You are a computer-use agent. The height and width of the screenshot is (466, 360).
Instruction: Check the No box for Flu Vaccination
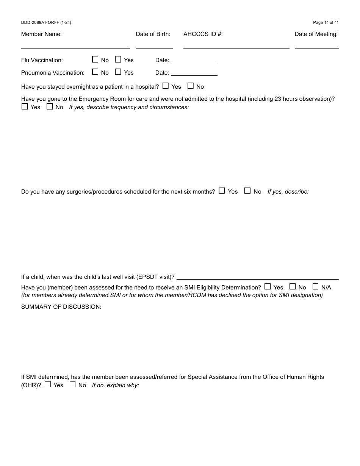pos(95,59)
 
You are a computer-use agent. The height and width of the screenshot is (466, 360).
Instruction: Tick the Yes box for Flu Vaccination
pos(118,59)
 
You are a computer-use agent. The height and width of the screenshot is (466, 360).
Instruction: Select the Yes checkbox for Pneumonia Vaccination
pos(118,72)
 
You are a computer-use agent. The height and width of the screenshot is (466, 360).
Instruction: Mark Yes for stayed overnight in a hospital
pos(166,86)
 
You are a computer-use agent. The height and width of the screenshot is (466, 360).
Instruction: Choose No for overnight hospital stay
pos(191,86)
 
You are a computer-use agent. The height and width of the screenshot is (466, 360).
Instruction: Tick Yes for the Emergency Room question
pos(25,106)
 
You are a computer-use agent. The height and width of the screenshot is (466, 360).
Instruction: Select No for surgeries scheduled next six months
pos(247,191)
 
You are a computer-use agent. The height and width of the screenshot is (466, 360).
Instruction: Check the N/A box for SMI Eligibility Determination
pos(315,287)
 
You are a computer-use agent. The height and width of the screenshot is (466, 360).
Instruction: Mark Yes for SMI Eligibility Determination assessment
pos(268,287)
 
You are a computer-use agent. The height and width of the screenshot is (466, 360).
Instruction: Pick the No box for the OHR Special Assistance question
pos(72,385)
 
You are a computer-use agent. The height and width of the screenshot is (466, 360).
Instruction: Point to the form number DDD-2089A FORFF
pos(46,23)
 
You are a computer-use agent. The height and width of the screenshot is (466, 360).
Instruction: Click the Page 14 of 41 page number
pos(326,23)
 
